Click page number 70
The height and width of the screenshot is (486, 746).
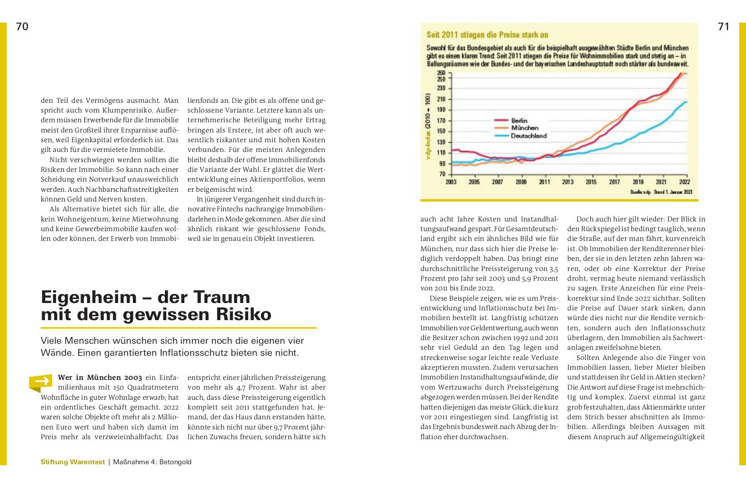click(22, 27)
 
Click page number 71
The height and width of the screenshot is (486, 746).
click(724, 27)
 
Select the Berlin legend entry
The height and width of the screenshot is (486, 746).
click(519, 120)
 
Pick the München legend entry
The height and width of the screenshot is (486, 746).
click(525, 128)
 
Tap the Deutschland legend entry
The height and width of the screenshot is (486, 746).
click(528, 136)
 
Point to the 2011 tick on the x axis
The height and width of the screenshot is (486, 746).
click(545, 182)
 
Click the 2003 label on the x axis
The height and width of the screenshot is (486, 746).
click(451, 182)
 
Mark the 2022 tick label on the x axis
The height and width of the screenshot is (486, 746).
click(684, 182)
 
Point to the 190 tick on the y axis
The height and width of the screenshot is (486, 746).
click(441, 110)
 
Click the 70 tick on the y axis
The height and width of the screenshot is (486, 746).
click(442, 174)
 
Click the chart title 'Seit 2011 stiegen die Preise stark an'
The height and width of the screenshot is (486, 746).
click(487, 35)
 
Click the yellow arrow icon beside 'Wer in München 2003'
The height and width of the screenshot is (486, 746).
click(41, 382)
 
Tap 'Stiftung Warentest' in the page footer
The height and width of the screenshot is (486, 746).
click(73, 462)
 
